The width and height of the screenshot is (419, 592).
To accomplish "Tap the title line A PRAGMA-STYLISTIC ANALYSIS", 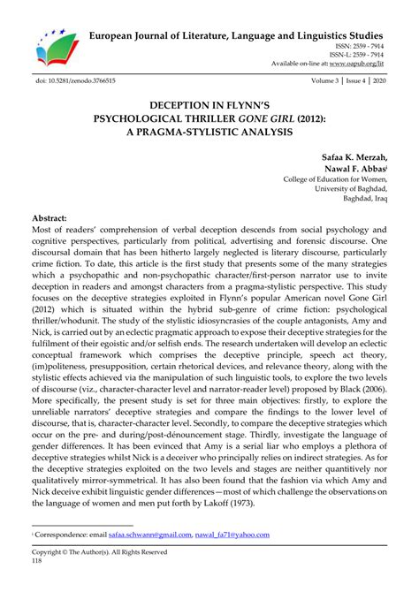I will pos(210,132).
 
